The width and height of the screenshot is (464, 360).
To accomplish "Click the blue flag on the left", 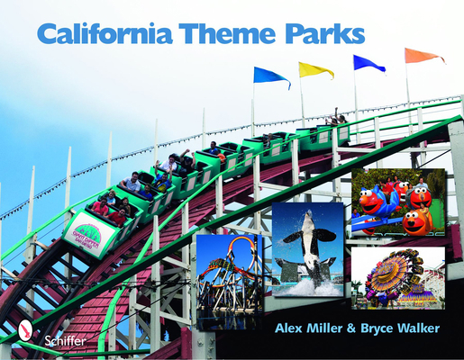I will [270, 76].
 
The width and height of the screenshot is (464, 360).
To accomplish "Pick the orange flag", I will [423, 56].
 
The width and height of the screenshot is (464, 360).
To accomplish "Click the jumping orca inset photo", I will [307, 248].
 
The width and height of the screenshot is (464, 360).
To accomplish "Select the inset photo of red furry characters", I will [397, 202].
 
